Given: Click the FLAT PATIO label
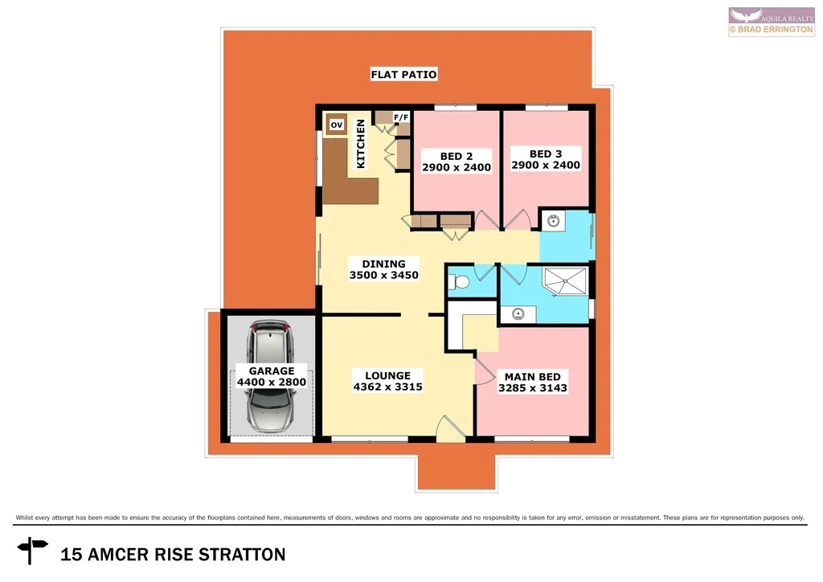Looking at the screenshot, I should pyautogui.click(x=403, y=75).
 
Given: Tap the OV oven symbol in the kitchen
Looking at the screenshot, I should pyautogui.click(x=338, y=125).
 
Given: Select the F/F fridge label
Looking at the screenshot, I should pyautogui.click(x=401, y=117).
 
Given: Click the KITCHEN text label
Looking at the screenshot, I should pyautogui.click(x=361, y=144).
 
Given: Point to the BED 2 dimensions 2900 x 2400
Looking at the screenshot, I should pyautogui.click(x=457, y=168).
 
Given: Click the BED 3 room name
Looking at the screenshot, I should pyautogui.click(x=546, y=154).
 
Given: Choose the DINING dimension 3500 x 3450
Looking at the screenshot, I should pyautogui.click(x=384, y=275).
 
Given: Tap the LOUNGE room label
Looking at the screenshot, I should pyautogui.click(x=387, y=375).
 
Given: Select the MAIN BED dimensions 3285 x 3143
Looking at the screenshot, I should pyautogui.click(x=532, y=387).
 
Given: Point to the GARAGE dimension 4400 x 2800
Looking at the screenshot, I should pyautogui.click(x=272, y=383).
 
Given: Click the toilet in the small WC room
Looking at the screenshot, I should pyautogui.click(x=459, y=282).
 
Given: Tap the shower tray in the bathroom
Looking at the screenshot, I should pyautogui.click(x=566, y=281).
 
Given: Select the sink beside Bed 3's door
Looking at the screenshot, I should pyautogui.click(x=554, y=221).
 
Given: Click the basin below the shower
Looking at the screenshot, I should pyautogui.click(x=517, y=314).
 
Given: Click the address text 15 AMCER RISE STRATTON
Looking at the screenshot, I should pyautogui.click(x=174, y=554).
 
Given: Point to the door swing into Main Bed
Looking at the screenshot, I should pyautogui.click(x=484, y=371).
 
